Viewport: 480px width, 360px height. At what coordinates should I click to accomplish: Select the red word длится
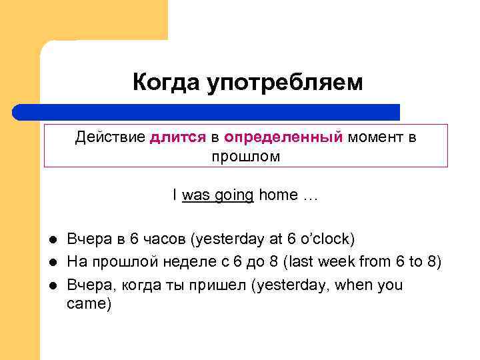pyautogui.click(x=179, y=137)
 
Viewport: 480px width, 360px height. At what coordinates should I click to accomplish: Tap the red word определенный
pyautogui.click(x=284, y=138)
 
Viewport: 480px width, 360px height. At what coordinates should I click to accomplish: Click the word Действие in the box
pyautogui.click(x=109, y=137)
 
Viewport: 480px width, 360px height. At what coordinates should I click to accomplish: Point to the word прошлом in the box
pyautogui.click(x=246, y=157)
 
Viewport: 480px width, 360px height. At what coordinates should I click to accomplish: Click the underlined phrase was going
pyautogui.click(x=217, y=195)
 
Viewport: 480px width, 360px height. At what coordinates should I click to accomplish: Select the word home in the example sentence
pyautogui.click(x=279, y=195)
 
